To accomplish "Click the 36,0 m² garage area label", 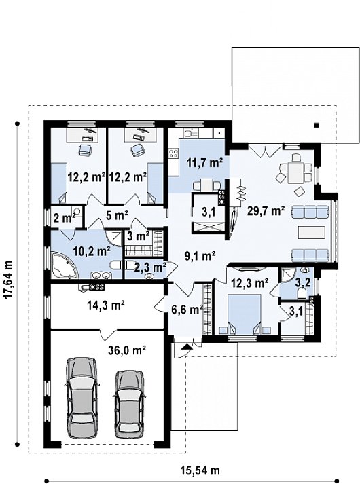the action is (x=127, y=350).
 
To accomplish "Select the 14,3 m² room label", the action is (x=105, y=305).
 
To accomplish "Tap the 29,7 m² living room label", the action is (x=266, y=211).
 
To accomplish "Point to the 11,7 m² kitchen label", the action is (x=204, y=162).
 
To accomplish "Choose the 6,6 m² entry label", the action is (x=187, y=309).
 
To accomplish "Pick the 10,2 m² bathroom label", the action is (x=92, y=251).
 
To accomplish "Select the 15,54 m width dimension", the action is (x=200, y=470).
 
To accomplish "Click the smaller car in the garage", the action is (x=129, y=404).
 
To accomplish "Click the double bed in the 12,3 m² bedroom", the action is (x=245, y=314).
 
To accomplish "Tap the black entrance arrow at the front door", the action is (x=186, y=346).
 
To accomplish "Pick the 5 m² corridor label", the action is (x=117, y=215).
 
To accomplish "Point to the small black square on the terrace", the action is (x=316, y=125).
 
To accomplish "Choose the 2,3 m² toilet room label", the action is (x=151, y=267).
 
